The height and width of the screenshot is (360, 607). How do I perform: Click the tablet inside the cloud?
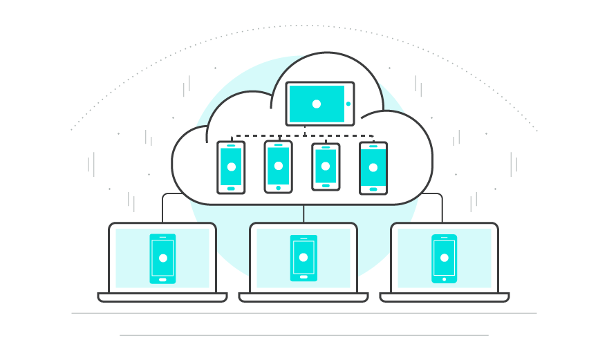tap(319, 104)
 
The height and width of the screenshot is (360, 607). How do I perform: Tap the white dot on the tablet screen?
tap(317, 104)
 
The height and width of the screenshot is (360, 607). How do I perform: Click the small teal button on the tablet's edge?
tap(348, 104)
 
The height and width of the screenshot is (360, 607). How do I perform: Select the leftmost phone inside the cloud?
tap(231, 167)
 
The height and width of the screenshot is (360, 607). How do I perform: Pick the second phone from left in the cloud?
tap(278, 167)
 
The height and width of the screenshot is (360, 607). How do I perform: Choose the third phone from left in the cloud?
tap(326, 167)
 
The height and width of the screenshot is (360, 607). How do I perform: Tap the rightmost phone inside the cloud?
tap(373, 168)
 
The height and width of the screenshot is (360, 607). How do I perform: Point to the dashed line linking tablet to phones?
tap(304, 136)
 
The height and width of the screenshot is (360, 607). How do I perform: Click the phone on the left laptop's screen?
tap(162, 258)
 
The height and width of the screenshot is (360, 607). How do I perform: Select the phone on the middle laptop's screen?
tap(303, 258)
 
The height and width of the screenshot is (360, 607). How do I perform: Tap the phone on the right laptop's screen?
tap(444, 258)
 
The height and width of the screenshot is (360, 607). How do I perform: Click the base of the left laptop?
tap(162, 298)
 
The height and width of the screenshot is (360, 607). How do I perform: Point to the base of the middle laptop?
tap(303, 298)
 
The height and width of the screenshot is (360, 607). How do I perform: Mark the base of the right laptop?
tap(445, 298)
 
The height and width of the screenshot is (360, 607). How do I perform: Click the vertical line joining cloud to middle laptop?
tap(303, 214)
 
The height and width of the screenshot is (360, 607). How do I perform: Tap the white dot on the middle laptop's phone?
tap(303, 257)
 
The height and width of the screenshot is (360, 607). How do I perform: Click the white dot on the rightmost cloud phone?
tap(373, 167)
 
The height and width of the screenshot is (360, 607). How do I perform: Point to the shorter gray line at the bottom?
tap(304, 336)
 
